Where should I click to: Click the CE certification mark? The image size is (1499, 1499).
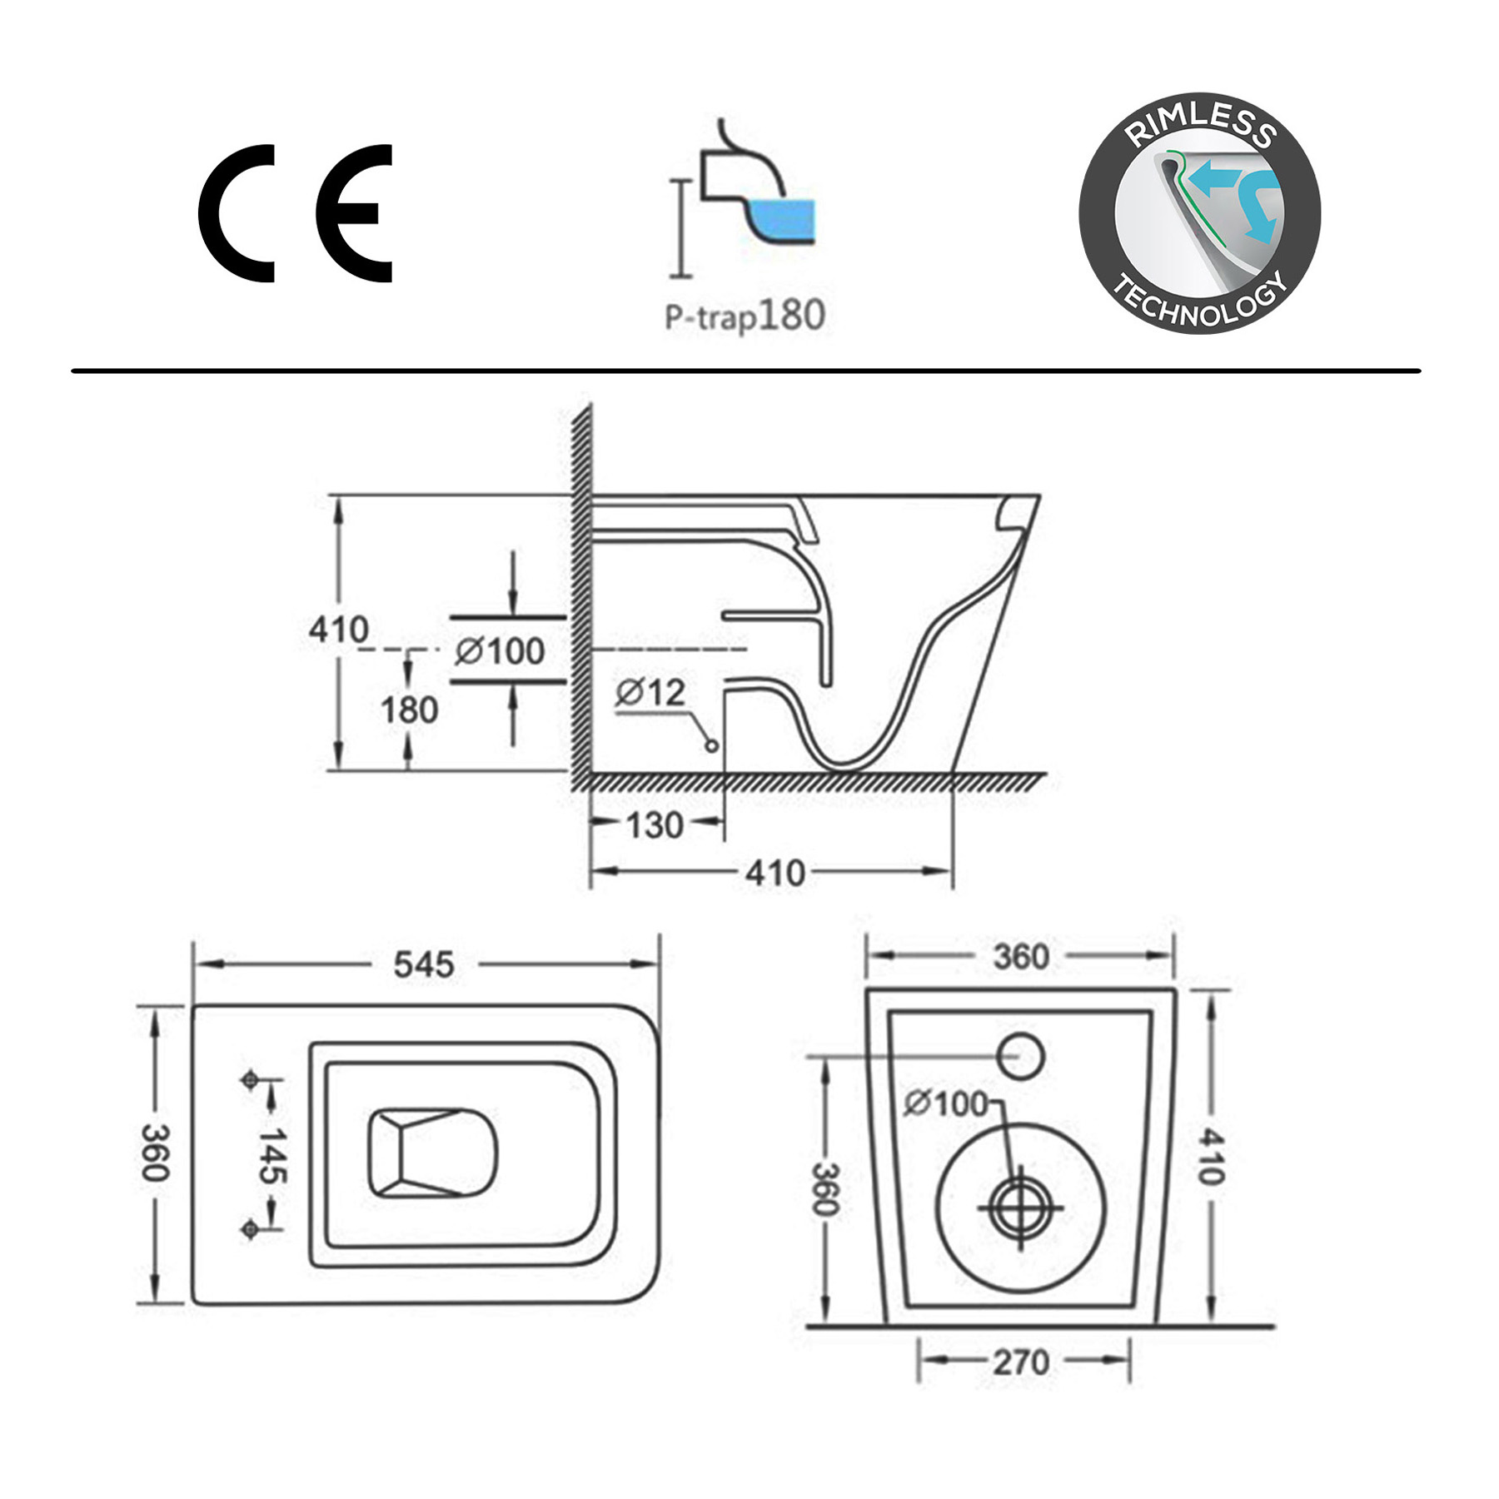tap(295, 213)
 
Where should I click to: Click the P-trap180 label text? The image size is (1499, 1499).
tap(745, 316)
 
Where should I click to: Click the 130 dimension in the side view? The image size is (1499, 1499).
tap(655, 825)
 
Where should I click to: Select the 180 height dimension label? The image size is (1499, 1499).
tap(409, 710)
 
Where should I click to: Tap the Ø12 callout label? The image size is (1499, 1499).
tap(650, 692)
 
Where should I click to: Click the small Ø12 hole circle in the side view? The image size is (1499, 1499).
tap(711, 745)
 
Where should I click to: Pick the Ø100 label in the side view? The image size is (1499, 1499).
tap(500, 651)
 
